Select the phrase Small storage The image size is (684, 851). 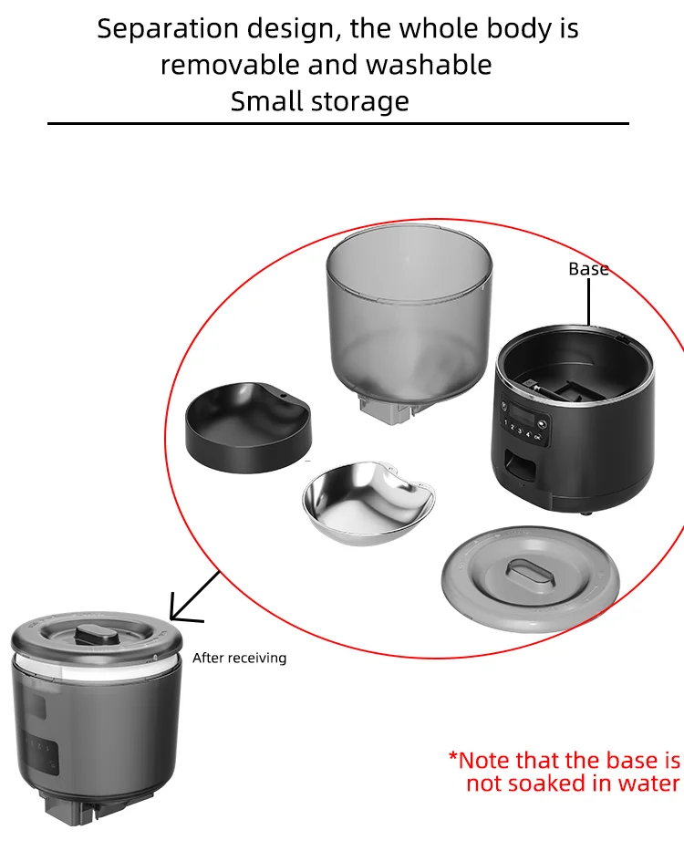(x=319, y=101)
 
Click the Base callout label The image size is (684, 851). (x=588, y=269)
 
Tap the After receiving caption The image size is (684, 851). (x=239, y=658)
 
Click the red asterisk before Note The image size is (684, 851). (x=453, y=759)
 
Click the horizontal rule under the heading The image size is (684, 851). (x=337, y=123)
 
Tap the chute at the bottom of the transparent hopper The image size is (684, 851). (x=387, y=410)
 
